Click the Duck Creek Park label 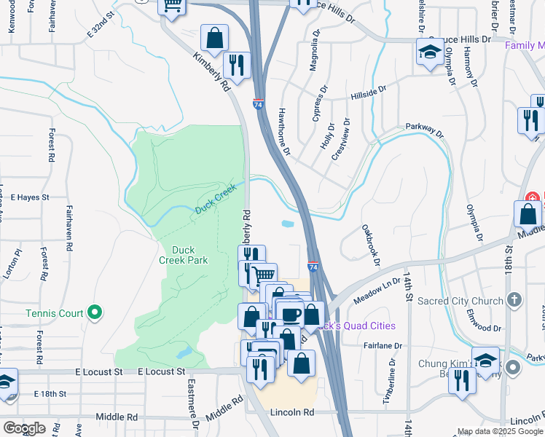click(x=189, y=255)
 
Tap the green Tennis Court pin click(x=94, y=313)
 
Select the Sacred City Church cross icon click(x=514, y=301)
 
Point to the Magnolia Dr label click(x=314, y=51)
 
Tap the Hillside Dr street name click(x=368, y=92)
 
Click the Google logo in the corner click(x=24, y=428)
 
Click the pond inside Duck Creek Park click(x=183, y=353)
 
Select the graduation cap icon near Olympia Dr click(x=430, y=52)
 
